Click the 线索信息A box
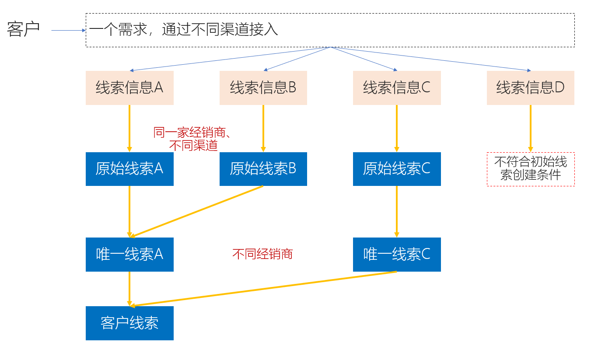[129, 88]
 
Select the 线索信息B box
[263, 88]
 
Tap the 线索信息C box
[397, 88]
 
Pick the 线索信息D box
[530, 88]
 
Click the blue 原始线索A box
[129, 169]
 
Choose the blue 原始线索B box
[263, 169]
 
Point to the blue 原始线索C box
[397, 169]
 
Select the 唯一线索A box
[129, 254]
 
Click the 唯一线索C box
[397, 254]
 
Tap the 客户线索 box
[129, 323]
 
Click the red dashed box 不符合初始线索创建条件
[530, 169]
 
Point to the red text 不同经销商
[262, 254]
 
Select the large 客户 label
[24, 29]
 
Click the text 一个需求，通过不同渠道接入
[184, 30]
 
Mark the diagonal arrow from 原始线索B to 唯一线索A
[197, 211]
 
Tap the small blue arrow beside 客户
[68, 30]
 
